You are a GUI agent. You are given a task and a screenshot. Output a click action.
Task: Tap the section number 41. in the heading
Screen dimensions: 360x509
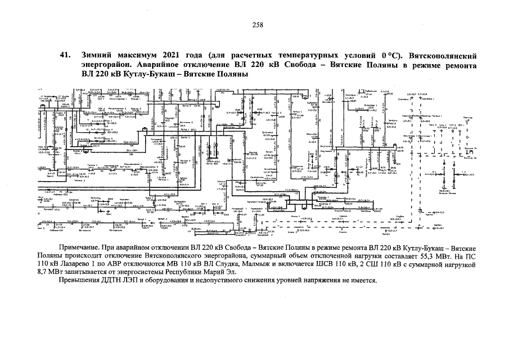[65, 56]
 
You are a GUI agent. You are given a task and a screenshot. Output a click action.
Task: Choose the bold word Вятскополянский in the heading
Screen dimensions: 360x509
[444, 56]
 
